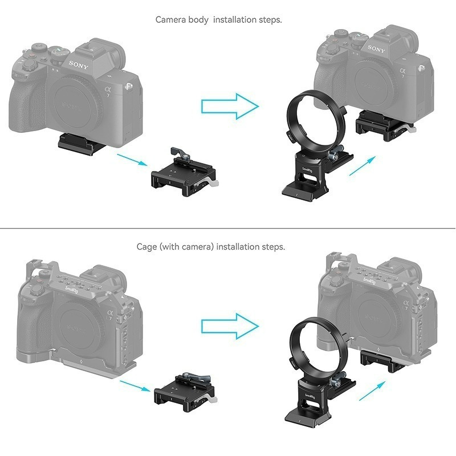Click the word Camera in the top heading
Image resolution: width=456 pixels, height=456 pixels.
[x=170, y=20]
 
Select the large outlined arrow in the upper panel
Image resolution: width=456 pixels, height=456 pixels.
[x=230, y=105]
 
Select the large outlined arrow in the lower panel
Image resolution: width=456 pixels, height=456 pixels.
[x=230, y=327]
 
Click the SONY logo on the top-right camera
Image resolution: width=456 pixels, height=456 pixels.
[x=377, y=49]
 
